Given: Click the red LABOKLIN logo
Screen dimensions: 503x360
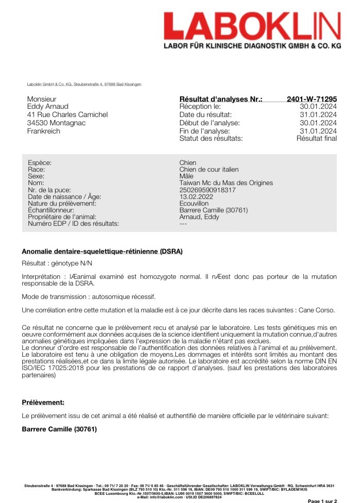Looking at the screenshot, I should click(252, 26).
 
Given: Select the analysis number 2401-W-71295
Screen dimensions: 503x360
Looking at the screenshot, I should click(312, 98).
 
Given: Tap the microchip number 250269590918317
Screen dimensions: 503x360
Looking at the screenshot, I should click(207, 190).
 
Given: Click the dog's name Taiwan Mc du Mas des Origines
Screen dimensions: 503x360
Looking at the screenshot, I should click(226, 183).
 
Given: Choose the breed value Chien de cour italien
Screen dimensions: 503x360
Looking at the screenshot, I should click(209, 170).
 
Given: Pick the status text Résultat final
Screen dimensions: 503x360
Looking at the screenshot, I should click(316, 138).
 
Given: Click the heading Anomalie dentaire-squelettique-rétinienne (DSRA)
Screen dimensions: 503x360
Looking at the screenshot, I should click(102, 252).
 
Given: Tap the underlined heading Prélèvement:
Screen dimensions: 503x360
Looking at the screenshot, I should click(43, 402).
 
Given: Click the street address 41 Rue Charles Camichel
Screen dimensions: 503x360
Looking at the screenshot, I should click(67, 114).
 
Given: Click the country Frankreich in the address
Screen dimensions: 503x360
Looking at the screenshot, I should click(43, 131).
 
